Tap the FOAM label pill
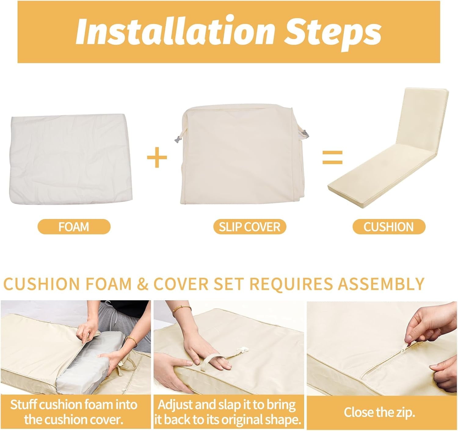tap(74, 227)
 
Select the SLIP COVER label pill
tap(249, 227)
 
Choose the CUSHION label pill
tap(389, 227)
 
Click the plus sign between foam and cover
tap(157, 158)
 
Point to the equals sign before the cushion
tap(332, 157)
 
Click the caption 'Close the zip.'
tap(379, 412)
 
